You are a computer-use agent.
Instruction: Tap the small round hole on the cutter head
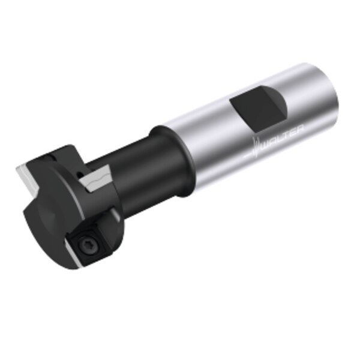[79, 173]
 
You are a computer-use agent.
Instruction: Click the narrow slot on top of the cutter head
[51, 157]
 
